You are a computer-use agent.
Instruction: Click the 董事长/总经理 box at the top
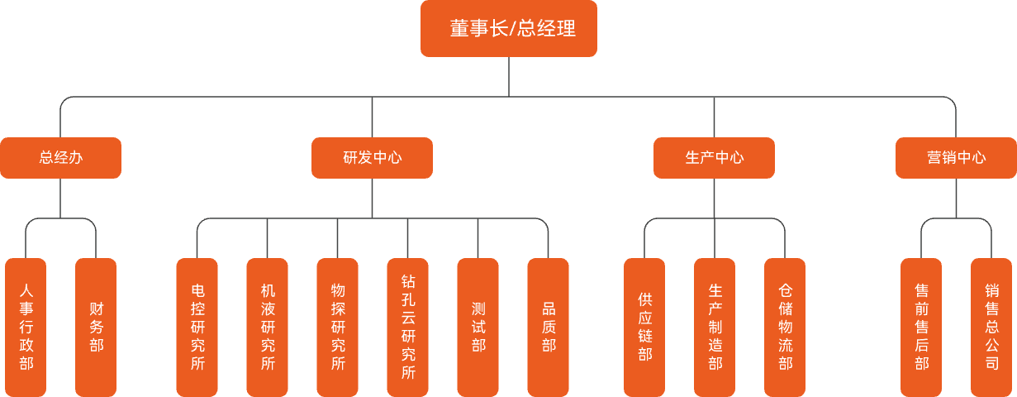508,29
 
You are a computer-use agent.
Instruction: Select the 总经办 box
60,158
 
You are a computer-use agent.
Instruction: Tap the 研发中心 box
372,158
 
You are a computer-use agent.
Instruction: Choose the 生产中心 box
714,158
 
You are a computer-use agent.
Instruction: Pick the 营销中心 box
956,158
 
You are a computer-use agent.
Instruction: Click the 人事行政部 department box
26,327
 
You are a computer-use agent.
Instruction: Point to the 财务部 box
96,327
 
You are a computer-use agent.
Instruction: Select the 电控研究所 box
197,327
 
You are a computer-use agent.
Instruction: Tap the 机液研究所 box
267,327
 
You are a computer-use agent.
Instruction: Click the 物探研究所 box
337,327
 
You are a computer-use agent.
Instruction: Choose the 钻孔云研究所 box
407,327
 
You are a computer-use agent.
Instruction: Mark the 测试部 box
478,327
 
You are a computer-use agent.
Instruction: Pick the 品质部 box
548,327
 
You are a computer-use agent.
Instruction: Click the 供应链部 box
644,327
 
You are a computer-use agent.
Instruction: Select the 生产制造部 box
715,327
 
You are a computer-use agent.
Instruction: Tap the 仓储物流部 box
785,327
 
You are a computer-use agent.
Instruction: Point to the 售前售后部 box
921,327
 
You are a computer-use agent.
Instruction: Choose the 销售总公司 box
991,327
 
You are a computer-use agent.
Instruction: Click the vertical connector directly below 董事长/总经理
509,76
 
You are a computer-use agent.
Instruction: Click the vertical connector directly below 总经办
60,198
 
